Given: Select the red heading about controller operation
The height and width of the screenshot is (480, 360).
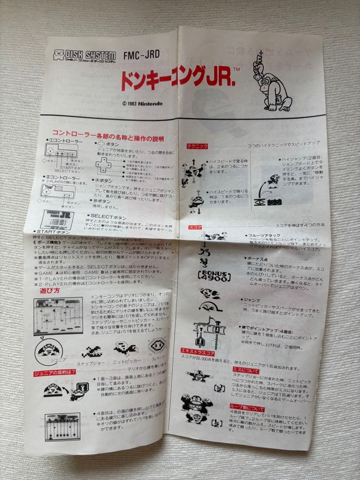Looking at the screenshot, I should click(108, 132).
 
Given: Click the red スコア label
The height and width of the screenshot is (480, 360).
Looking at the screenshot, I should click(195, 227).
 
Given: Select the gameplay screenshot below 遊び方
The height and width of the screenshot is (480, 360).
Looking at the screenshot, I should click(58, 316).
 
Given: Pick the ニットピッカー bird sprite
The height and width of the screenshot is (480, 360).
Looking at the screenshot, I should click(126, 348).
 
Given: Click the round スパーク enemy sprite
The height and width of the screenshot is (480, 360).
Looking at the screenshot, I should click(157, 344).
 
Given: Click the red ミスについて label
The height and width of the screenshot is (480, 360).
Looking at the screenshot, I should click(246, 369).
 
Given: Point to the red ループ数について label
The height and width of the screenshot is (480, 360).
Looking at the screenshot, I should click(247, 408).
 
